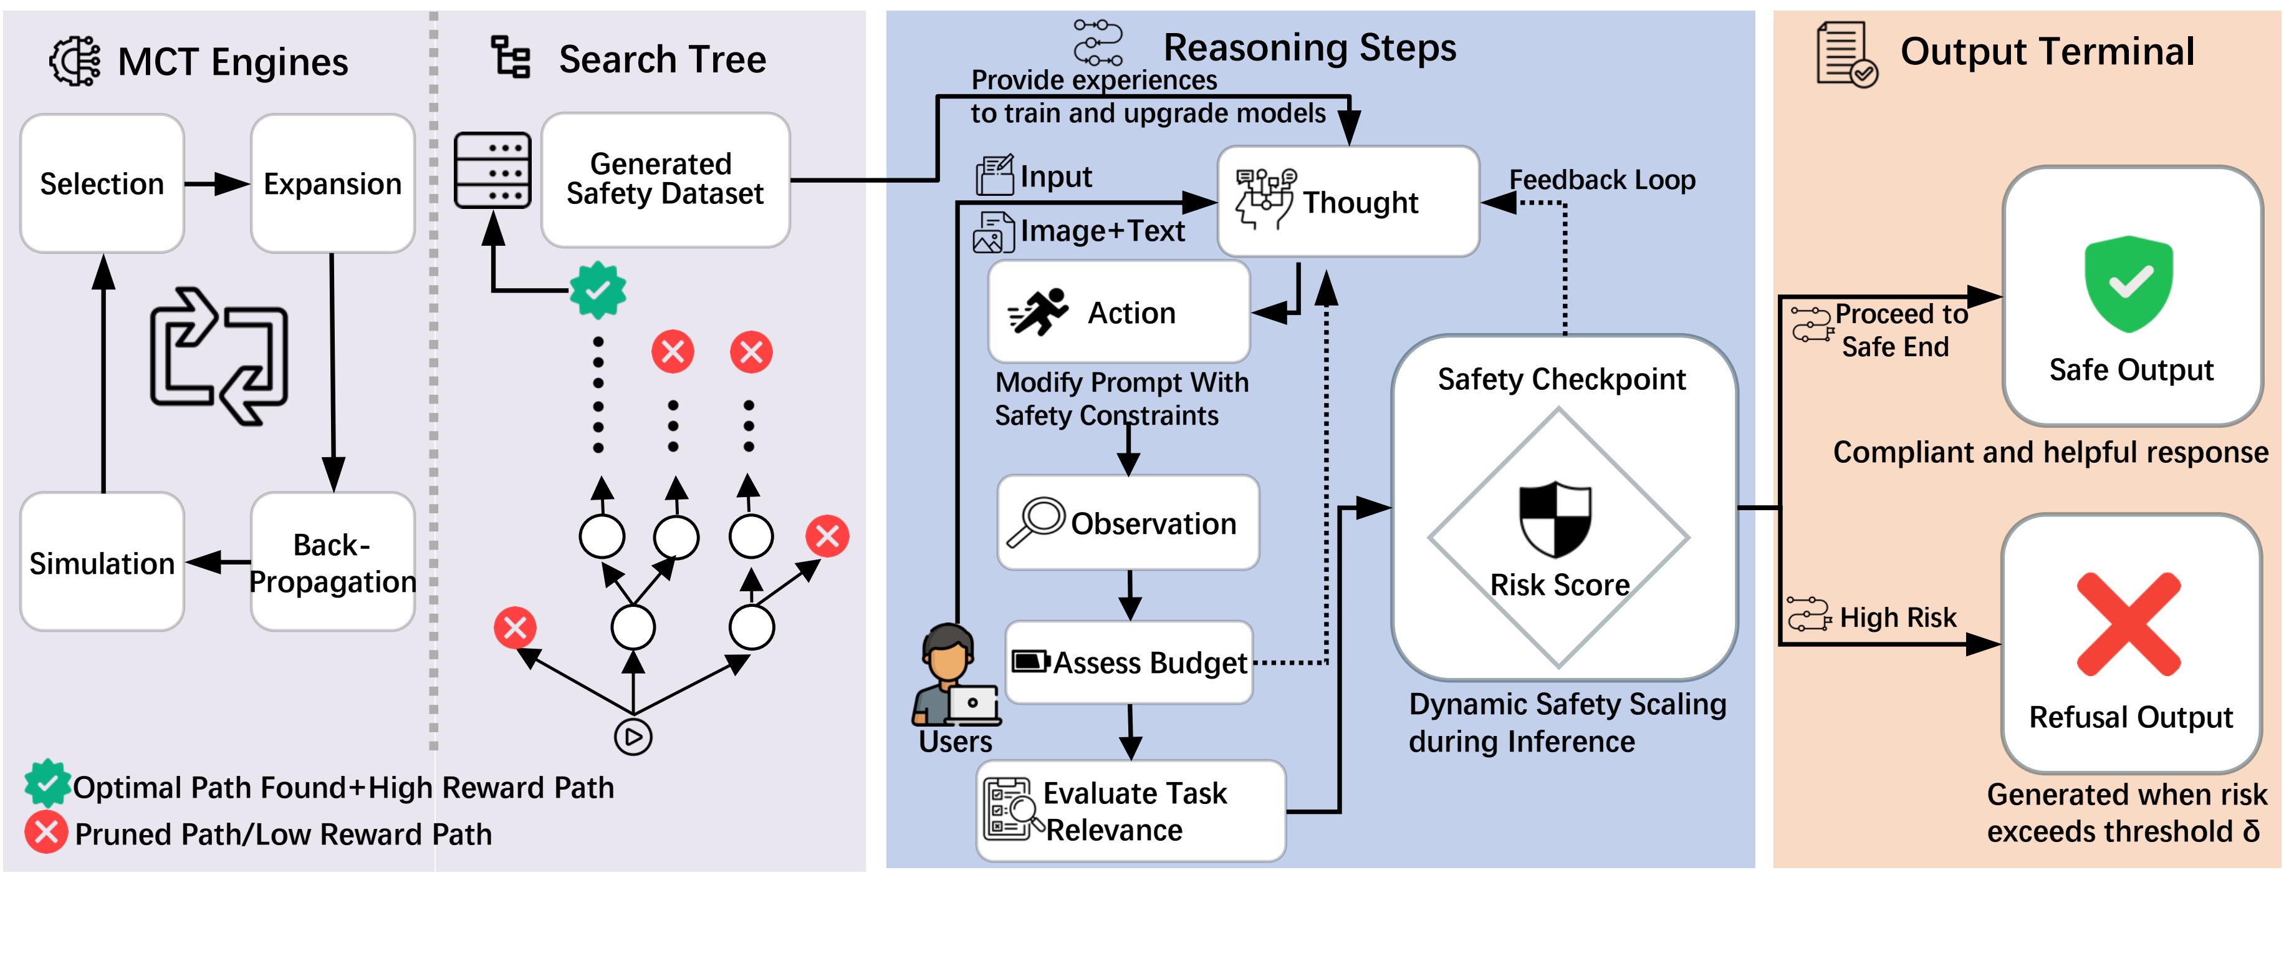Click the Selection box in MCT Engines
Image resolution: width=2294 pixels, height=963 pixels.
(x=102, y=183)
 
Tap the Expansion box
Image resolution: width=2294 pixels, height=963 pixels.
(x=332, y=183)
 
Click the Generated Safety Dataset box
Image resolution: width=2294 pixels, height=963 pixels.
(x=665, y=179)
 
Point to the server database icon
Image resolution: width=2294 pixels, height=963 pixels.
(x=492, y=170)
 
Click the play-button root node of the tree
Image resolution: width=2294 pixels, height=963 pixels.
(x=633, y=737)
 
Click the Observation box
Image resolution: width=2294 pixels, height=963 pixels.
(x=1128, y=523)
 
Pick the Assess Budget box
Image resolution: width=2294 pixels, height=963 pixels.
(x=1129, y=663)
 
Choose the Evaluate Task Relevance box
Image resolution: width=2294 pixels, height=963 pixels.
(x=1131, y=811)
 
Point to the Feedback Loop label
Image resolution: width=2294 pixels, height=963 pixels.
(x=1602, y=180)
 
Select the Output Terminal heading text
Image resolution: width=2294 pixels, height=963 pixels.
(x=2047, y=52)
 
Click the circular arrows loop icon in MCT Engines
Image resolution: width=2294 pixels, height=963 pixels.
(x=218, y=356)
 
